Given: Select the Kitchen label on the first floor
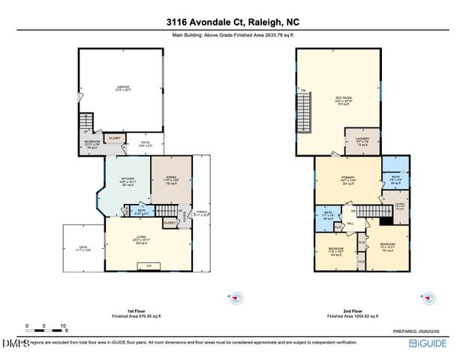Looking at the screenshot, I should click(x=127, y=181).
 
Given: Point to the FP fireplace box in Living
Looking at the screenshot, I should click(x=149, y=265).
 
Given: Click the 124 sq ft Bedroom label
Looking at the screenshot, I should click(x=335, y=251).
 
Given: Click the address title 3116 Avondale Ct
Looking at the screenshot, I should click(x=233, y=22).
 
